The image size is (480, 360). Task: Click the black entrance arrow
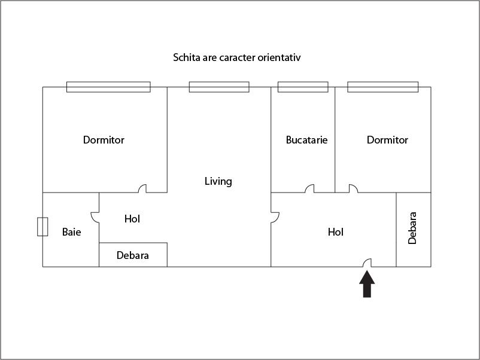367,284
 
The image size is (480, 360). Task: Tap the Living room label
218,181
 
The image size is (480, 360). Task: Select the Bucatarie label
306,140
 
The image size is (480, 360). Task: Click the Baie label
71,232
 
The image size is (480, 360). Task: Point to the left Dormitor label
104,140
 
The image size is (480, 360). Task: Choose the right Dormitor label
387,140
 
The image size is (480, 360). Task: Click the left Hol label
132,219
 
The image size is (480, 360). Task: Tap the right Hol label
336,232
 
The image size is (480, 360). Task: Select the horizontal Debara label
132,255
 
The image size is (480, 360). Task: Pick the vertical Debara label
412,228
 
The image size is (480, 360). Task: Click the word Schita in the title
186,58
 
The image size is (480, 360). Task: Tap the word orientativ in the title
278,58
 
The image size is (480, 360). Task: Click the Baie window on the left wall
42,227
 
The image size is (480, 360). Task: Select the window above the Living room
219,87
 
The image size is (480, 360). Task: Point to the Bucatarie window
303,87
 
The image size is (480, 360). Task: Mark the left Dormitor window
108,87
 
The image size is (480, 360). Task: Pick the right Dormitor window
382,87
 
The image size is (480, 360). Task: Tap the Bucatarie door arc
309,188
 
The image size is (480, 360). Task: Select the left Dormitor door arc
142,188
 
